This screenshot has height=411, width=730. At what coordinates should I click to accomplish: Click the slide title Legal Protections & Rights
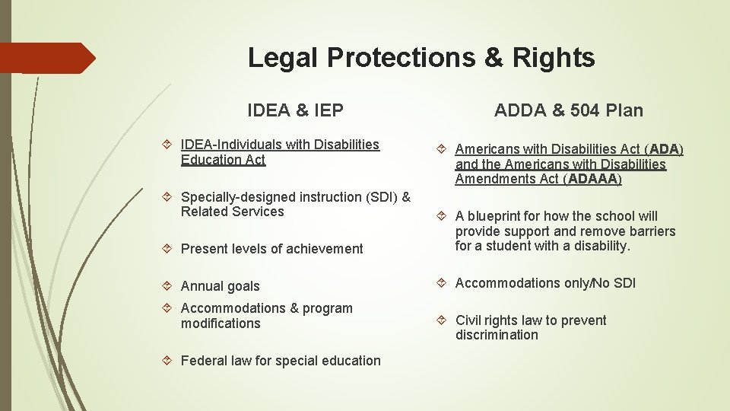[421, 58]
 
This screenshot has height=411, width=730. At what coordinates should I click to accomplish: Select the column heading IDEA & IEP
[295, 110]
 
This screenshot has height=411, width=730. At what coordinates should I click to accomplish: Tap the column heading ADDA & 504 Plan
[568, 110]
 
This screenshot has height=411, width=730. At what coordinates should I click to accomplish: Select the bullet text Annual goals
[220, 286]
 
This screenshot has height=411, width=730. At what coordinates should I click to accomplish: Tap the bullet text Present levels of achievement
[271, 249]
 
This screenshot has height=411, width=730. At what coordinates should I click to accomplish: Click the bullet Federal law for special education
[280, 361]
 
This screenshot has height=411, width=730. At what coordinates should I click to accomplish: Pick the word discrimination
[497, 336]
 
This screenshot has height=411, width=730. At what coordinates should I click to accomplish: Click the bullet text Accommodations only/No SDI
[544, 283]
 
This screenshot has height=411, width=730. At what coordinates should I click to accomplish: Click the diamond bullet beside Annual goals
[169, 286]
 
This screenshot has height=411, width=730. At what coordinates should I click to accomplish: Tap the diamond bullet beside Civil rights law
[443, 320]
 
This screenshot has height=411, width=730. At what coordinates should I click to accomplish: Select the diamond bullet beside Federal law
[169, 361]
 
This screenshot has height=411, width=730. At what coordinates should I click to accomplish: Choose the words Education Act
[223, 160]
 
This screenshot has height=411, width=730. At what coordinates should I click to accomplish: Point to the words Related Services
[232, 212]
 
